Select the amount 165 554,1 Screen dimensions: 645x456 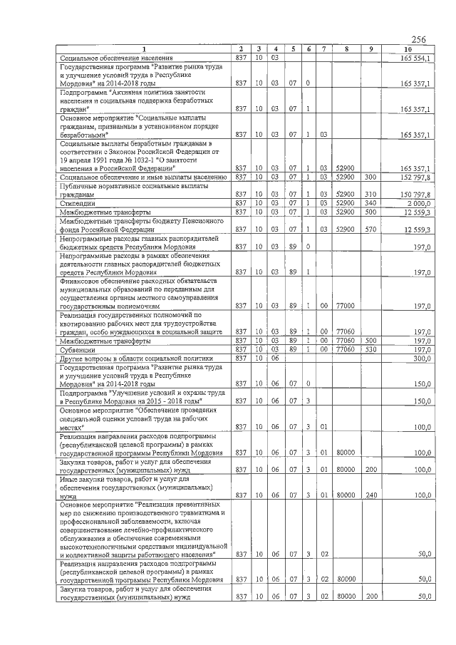(x=415, y=57)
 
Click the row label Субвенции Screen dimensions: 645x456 (x=78, y=350)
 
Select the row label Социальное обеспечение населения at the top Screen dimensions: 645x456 (x=116, y=57)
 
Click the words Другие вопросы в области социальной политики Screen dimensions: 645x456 (x=132, y=358)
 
